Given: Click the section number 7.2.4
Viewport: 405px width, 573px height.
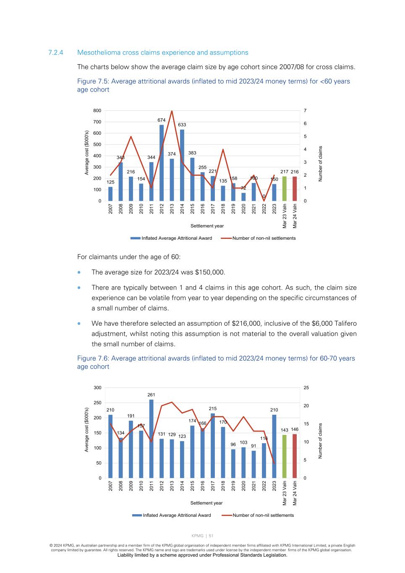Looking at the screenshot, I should coord(55,52).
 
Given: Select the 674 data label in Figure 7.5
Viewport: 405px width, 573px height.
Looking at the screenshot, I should coord(162,120).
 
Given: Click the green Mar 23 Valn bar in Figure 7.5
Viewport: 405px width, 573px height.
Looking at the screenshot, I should coord(285,188).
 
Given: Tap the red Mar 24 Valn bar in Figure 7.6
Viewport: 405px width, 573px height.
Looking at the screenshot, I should coord(295,456).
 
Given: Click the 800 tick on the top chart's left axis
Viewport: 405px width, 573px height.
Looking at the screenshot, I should coord(97,110).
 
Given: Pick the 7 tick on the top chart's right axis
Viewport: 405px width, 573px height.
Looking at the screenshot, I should coord(305,110).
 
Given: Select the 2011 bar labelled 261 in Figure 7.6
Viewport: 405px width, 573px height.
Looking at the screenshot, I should coord(152,439).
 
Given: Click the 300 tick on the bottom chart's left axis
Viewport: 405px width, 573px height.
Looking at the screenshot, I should coord(97,387).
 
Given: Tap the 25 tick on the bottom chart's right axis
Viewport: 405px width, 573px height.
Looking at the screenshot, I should coord(306,387).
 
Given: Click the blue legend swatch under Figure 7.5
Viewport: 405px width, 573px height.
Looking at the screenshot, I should coord(135,238).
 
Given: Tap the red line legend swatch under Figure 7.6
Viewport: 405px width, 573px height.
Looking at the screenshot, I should coord(227,515).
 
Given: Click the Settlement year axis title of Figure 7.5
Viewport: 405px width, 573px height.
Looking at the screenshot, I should coord(207,226).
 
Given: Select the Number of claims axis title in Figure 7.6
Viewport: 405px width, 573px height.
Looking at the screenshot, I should coord(320,441).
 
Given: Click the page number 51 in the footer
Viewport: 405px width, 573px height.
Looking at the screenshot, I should coord(211,536).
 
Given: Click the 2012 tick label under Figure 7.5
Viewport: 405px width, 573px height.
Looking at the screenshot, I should coord(162,209).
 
